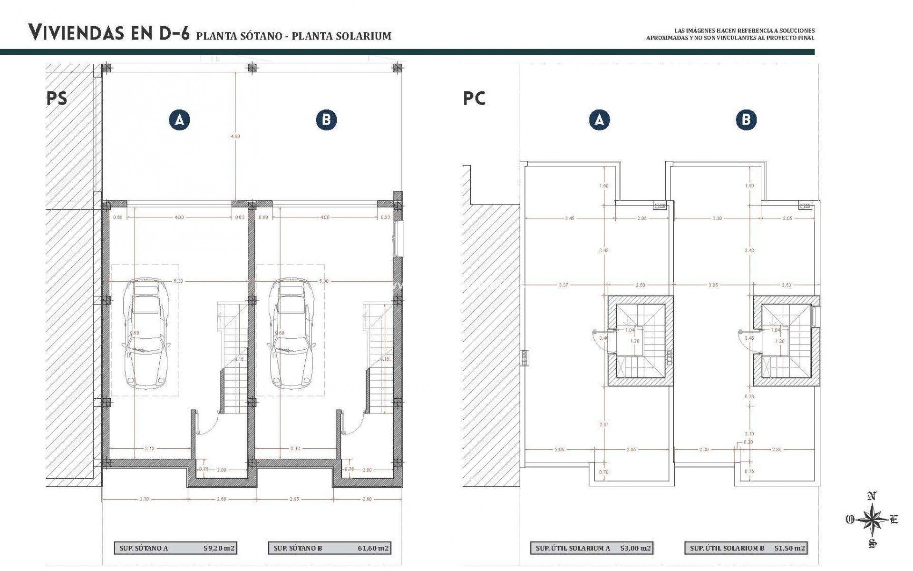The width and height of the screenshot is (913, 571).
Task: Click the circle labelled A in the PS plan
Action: coord(179,120)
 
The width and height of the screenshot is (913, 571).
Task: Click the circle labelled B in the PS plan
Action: coord(326,120)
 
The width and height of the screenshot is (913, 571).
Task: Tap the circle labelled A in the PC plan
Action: coord(599,120)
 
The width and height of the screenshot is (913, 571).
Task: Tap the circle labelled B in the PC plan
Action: coord(746,120)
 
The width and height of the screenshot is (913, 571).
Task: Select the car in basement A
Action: coord(145,333)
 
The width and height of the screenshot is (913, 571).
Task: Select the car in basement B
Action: coord(290,333)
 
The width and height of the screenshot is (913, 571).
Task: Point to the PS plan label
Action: coord(57,98)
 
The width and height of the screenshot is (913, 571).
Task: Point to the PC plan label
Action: coord(474,98)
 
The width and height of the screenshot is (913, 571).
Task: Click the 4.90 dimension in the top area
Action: coord(235,136)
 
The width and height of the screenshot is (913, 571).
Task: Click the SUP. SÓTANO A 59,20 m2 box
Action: coord(175,548)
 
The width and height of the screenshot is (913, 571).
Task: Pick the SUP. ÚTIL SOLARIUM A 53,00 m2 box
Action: coord(592,548)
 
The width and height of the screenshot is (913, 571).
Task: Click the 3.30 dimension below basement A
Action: coord(144,499)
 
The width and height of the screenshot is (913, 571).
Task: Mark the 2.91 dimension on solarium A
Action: coord(604,424)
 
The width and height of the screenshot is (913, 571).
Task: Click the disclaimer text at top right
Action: coord(730,34)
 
